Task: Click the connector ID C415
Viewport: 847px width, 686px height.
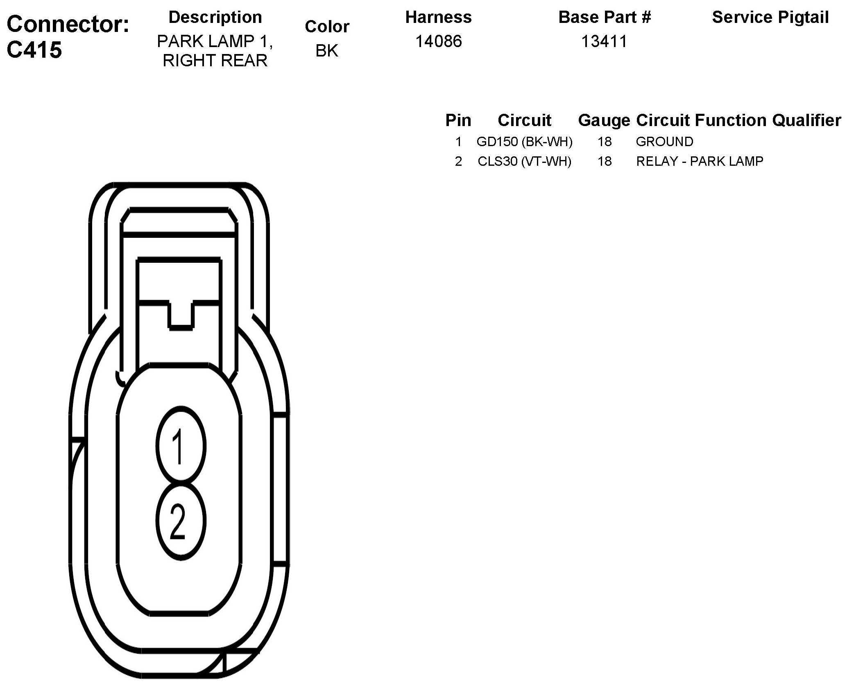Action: [x=34, y=50]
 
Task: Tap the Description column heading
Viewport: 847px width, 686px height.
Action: [x=215, y=17]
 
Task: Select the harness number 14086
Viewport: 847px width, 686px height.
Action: [x=438, y=41]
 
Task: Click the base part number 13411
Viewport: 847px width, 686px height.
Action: [x=604, y=41]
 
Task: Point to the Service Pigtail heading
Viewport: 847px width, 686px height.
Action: [x=770, y=17]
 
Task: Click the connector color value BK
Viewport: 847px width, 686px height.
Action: [x=327, y=50]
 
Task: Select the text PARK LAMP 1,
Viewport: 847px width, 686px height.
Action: [x=215, y=41]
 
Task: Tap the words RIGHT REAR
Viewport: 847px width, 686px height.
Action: [x=215, y=61]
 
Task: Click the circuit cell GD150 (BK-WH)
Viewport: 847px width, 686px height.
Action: [x=524, y=142]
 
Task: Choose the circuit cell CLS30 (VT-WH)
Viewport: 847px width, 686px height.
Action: [x=524, y=161]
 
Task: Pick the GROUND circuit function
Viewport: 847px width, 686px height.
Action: [x=664, y=142]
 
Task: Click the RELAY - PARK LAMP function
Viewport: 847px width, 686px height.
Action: [x=700, y=161]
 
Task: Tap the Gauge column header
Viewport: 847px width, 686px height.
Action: [x=604, y=120]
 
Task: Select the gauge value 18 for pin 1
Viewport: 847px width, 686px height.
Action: [x=604, y=142]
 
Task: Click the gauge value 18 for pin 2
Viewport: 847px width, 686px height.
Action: [x=604, y=161]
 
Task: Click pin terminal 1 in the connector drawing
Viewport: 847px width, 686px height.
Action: [x=180, y=446]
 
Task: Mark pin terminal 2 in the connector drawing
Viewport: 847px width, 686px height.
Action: [x=180, y=521]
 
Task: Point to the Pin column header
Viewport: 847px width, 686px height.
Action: [x=458, y=120]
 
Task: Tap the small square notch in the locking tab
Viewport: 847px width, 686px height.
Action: [x=181, y=314]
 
